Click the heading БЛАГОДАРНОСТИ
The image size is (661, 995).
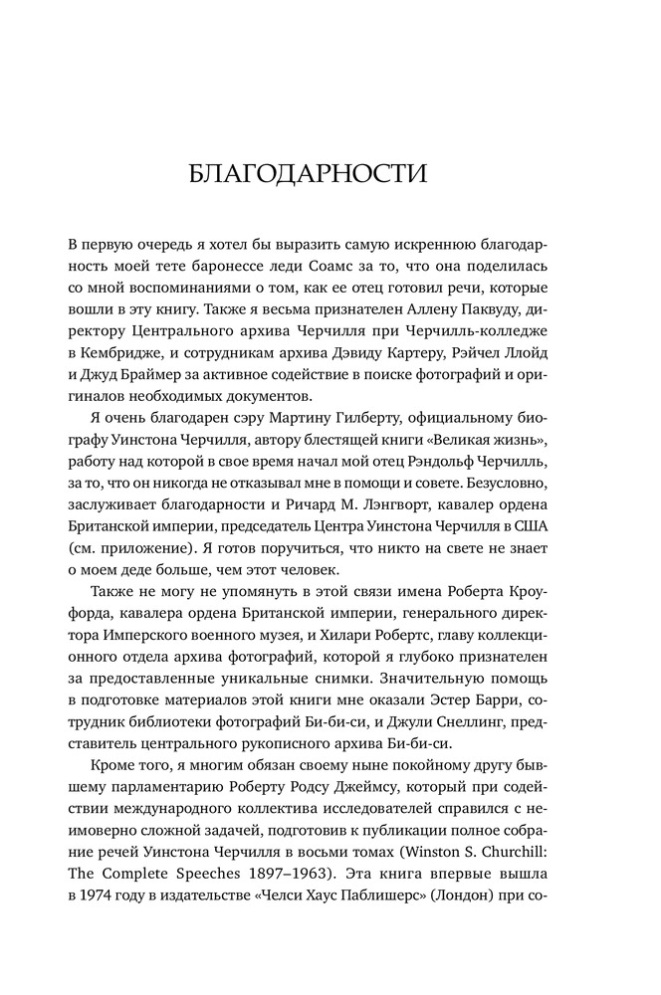[308, 175]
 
